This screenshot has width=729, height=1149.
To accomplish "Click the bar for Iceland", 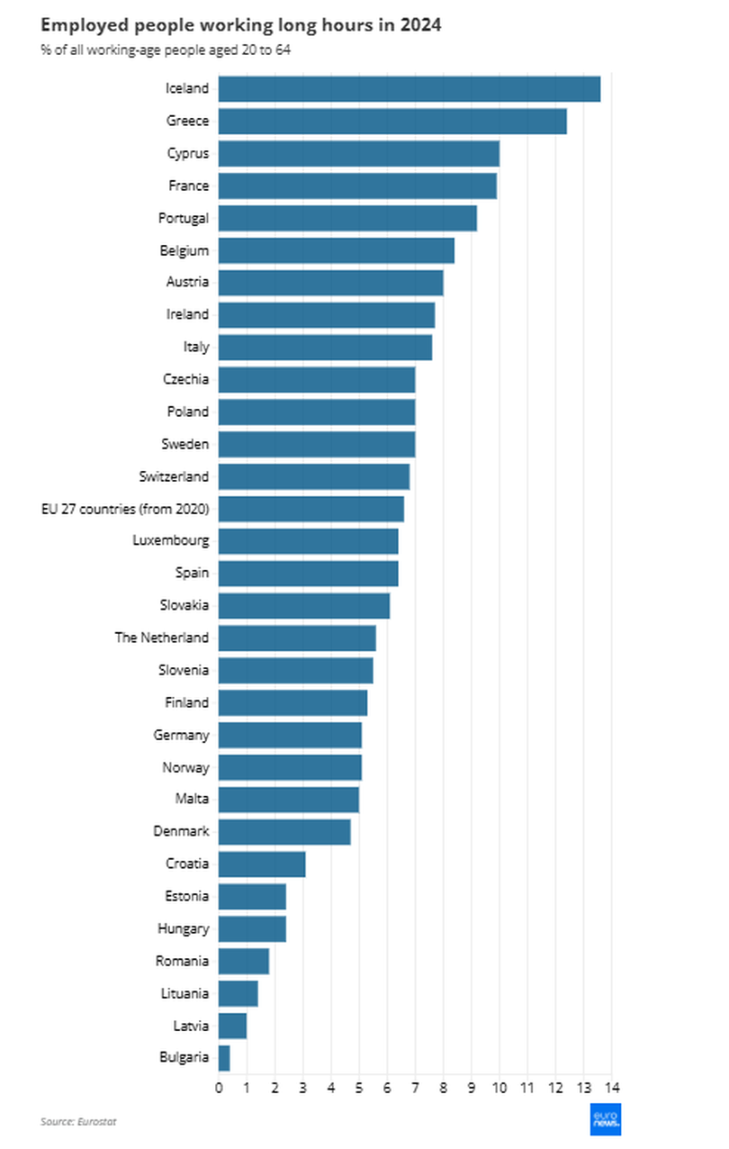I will [x=409, y=89].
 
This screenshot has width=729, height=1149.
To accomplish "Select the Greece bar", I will [x=392, y=122].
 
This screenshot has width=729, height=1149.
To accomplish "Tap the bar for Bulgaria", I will [x=224, y=1058].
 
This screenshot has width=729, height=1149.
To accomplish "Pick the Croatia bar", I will [x=262, y=864].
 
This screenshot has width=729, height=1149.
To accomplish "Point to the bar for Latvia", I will [x=232, y=1026].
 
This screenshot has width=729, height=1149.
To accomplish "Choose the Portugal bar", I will [x=347, y=218].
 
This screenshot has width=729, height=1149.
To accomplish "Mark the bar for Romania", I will [x=244, y=961].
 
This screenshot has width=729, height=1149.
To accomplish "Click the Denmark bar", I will [x=284, y=832].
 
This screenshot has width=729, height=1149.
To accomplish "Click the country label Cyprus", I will [x=187, y=154].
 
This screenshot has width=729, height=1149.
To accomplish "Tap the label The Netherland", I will [x=161, y=638].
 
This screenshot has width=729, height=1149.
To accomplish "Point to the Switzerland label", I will [x=174, y=476].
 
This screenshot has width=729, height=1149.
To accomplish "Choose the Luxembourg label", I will [x=170, y=541].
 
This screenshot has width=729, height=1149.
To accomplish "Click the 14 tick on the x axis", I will [x=612, y=1087].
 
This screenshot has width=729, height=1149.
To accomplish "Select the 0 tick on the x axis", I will [x=219, y=1087].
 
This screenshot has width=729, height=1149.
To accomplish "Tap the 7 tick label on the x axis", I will [x=416, y=1087].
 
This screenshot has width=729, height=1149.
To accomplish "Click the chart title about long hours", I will [x=240, y=26].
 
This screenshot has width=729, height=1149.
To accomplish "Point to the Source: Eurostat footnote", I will [x=78, y=1122].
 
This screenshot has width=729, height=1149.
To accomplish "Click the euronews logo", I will [x=605, y=1119].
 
